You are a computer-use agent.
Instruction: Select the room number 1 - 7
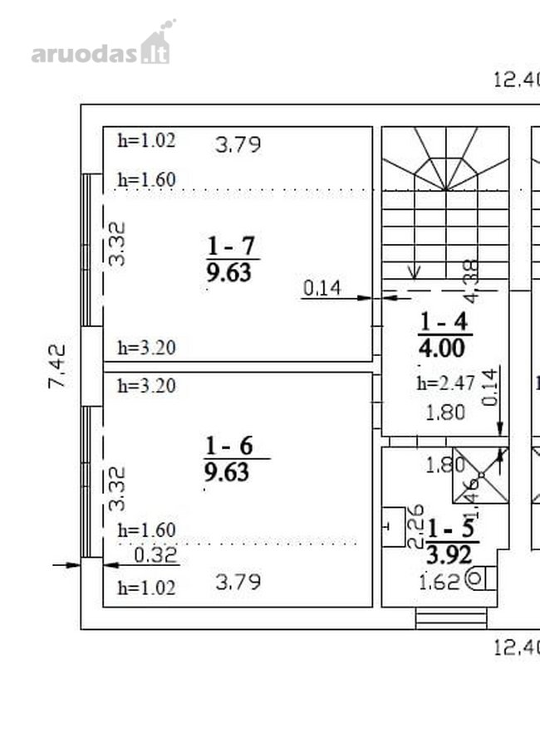[231, 247]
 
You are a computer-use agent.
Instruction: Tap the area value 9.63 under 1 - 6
[227, 472]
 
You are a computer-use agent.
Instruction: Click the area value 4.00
[442, 349]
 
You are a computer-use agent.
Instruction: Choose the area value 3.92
[449, 555]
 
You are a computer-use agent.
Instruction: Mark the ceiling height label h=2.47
[445, 383]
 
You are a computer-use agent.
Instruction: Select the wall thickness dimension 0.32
[155, 555]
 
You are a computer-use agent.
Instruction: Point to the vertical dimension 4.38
[471, 281]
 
